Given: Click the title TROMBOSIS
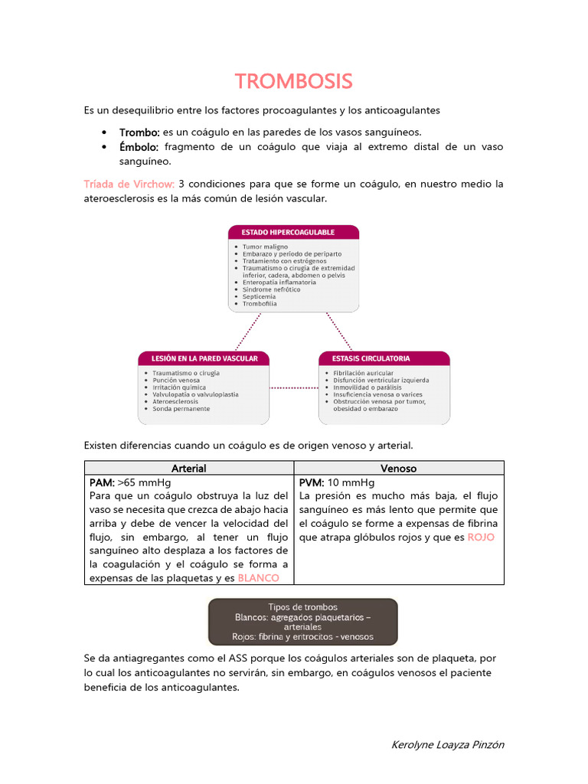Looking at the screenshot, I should (293, 81).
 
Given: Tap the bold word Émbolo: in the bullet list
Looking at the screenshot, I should (139, 146).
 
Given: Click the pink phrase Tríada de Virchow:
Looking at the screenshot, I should (129, 184).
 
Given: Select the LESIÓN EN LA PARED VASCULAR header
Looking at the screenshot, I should (203, 358).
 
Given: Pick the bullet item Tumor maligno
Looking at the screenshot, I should (265, 247).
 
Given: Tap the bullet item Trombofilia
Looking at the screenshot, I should (260, 304).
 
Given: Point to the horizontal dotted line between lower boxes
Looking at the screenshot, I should (294, 387).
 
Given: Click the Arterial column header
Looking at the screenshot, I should (189, 468).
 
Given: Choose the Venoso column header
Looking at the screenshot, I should (399, 468).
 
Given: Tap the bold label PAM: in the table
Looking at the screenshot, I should (102, 482).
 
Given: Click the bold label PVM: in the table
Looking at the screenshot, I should (312, 482).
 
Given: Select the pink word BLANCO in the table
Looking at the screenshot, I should (258, 578).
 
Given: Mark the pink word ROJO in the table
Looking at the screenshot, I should (481, 537).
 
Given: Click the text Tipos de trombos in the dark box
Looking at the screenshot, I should (302, 607).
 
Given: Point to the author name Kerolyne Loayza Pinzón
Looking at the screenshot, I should (447, 744).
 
